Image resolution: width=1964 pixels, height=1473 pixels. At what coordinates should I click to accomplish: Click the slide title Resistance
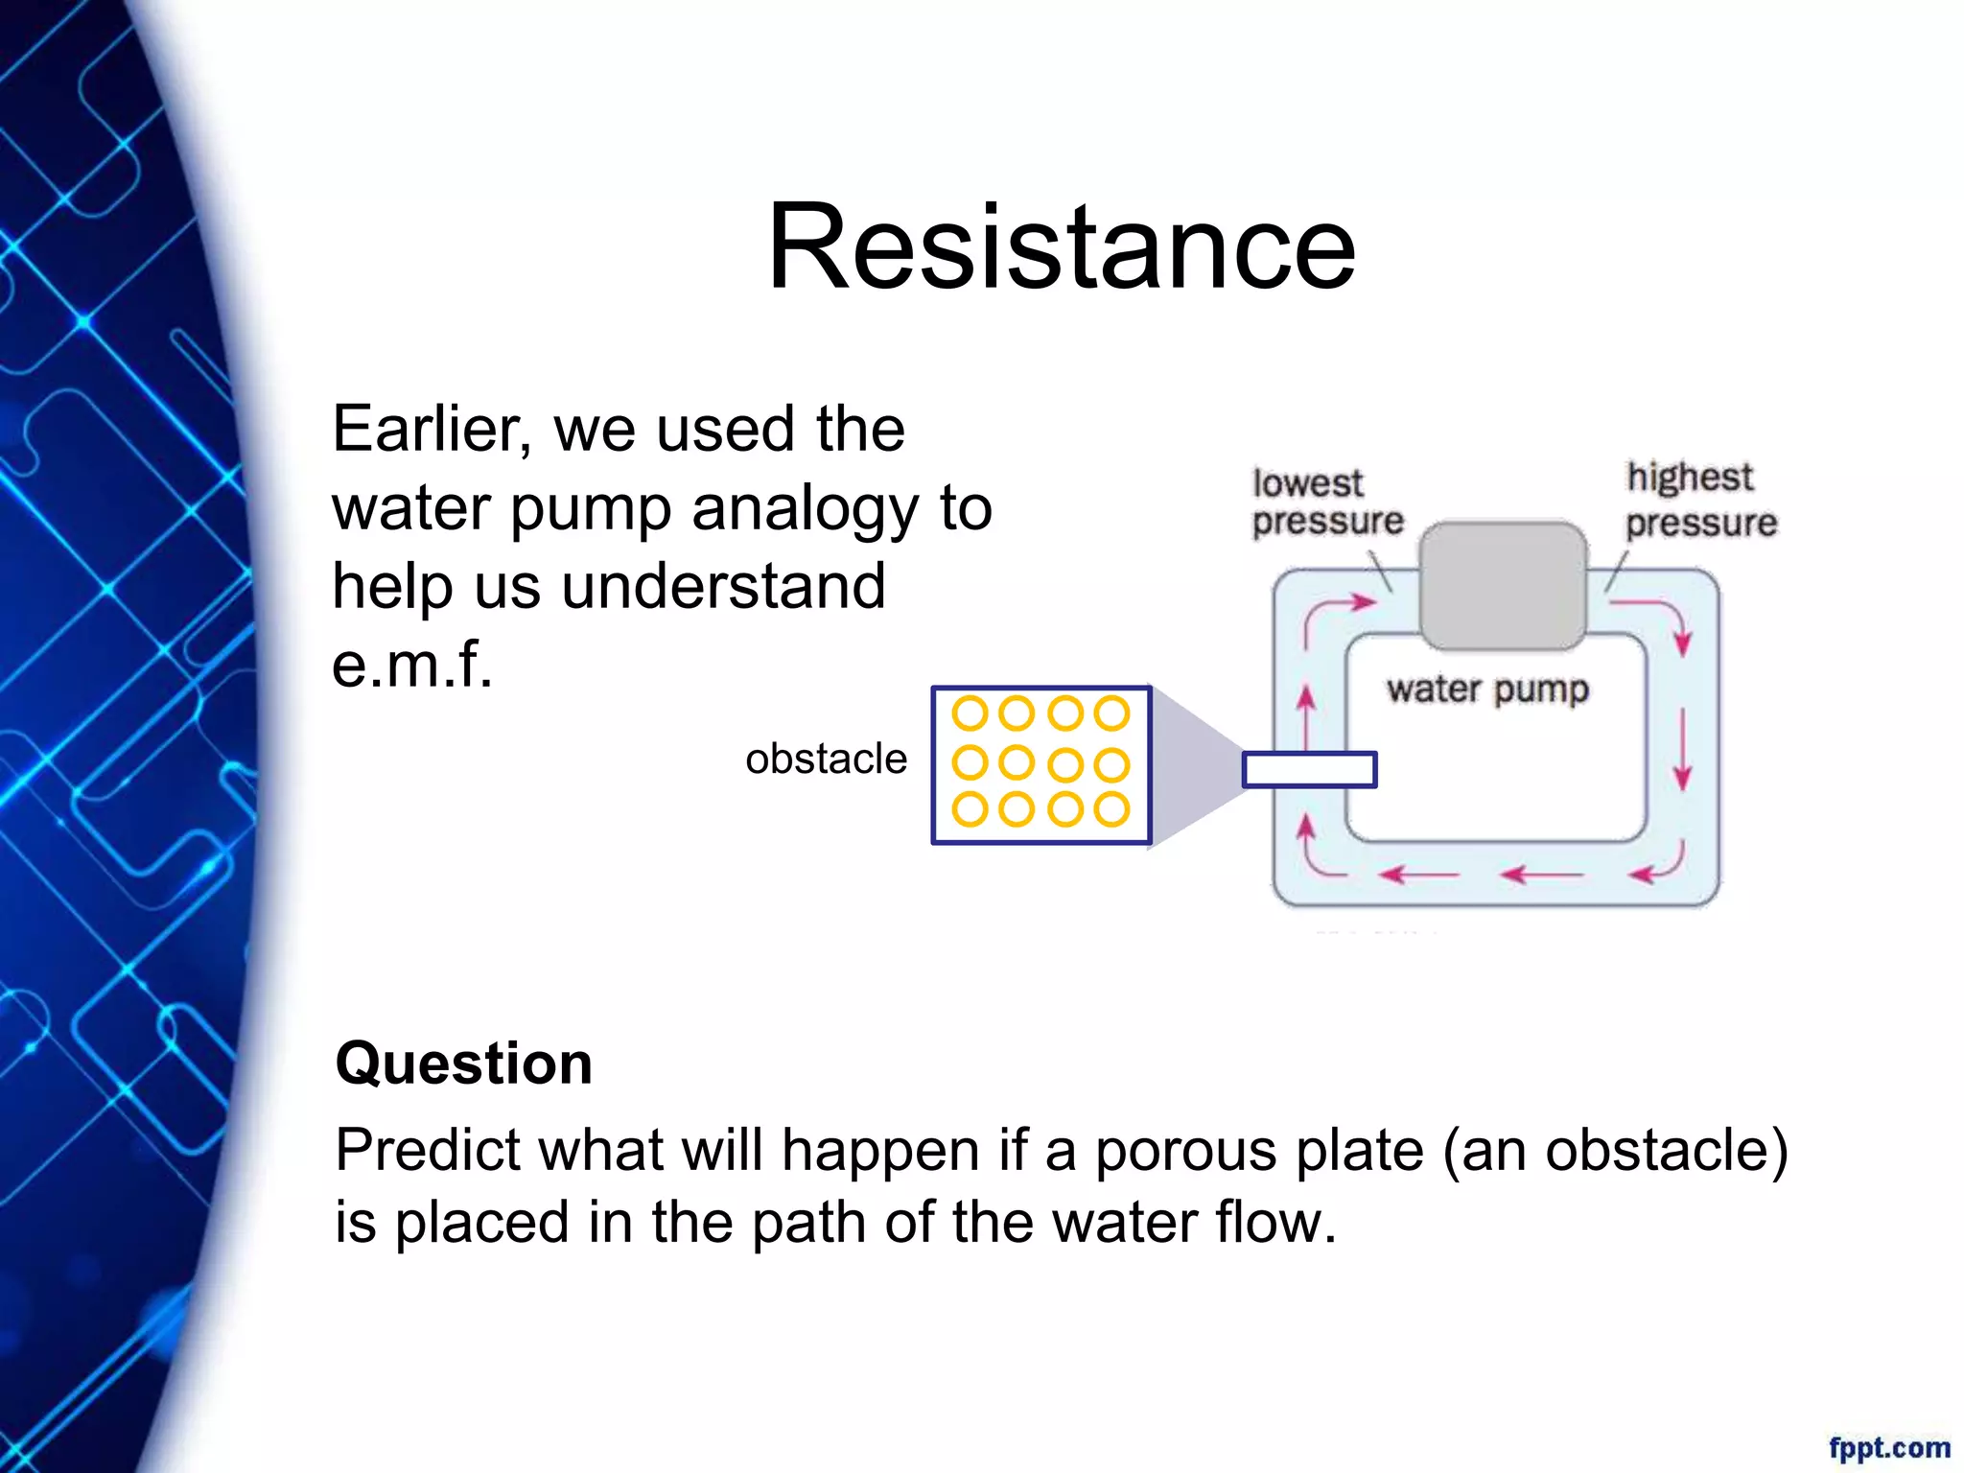tap(1062, 246)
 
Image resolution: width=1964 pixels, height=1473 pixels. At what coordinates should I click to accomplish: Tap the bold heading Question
tap(463, 1064)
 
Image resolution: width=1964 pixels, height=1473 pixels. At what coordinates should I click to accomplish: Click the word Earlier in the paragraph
tap(431, 429)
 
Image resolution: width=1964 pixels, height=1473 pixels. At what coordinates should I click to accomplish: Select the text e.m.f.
tap(411, 664)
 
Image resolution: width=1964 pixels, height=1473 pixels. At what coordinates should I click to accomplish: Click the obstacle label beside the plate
tap(826, 760)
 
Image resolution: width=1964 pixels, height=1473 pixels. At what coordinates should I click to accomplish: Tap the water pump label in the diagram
tap(1487, 690)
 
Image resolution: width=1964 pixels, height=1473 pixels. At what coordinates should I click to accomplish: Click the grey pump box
tap(1502, 585)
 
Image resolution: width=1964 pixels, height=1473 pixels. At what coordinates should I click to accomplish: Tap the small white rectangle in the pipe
tap(1309, 770)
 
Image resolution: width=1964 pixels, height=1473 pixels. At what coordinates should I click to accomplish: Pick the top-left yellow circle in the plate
tap(970, 713)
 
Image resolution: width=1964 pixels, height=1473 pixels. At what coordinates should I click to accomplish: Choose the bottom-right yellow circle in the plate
tap(1111, 809)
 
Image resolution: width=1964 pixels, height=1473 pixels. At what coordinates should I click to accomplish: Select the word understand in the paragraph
tap(723, 587)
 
